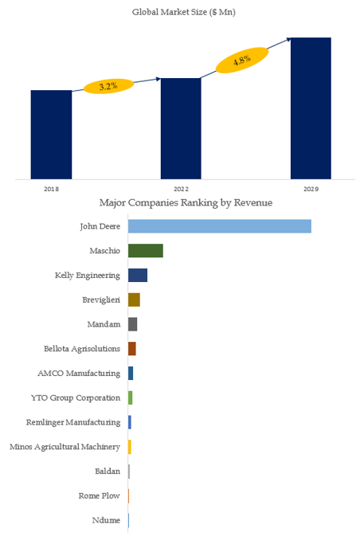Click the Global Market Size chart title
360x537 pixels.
(x=184, y=12)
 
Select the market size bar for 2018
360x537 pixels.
(x=51, y=135)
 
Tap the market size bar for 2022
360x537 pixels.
(x=181, y=128)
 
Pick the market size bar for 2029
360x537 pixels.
(x=311, y=108)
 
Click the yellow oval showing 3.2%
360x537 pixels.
(x=108, y=86)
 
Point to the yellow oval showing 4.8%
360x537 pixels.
(x=242, y=61)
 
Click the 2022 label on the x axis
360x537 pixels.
(x=181, y=189)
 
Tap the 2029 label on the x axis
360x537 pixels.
(x=311, y=189)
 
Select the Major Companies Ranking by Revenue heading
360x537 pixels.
(x=186, y=202)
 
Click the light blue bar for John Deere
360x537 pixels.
(x=220, y=226)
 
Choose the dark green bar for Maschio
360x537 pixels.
(x=146, y=251)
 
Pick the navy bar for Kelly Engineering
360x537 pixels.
(x=138, y=276)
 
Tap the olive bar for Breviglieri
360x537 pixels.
(x=134, y=300)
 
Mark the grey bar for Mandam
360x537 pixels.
(x=133, y=324)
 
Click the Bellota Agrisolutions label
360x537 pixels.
(x=82, y=349)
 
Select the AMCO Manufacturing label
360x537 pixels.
(x=79, y=374)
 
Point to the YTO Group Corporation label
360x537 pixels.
(x=76, y=398)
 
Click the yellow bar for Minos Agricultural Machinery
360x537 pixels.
(x=130, y=447)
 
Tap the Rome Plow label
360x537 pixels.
(x=100, y=496)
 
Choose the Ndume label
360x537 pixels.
(x=106, y=520)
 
